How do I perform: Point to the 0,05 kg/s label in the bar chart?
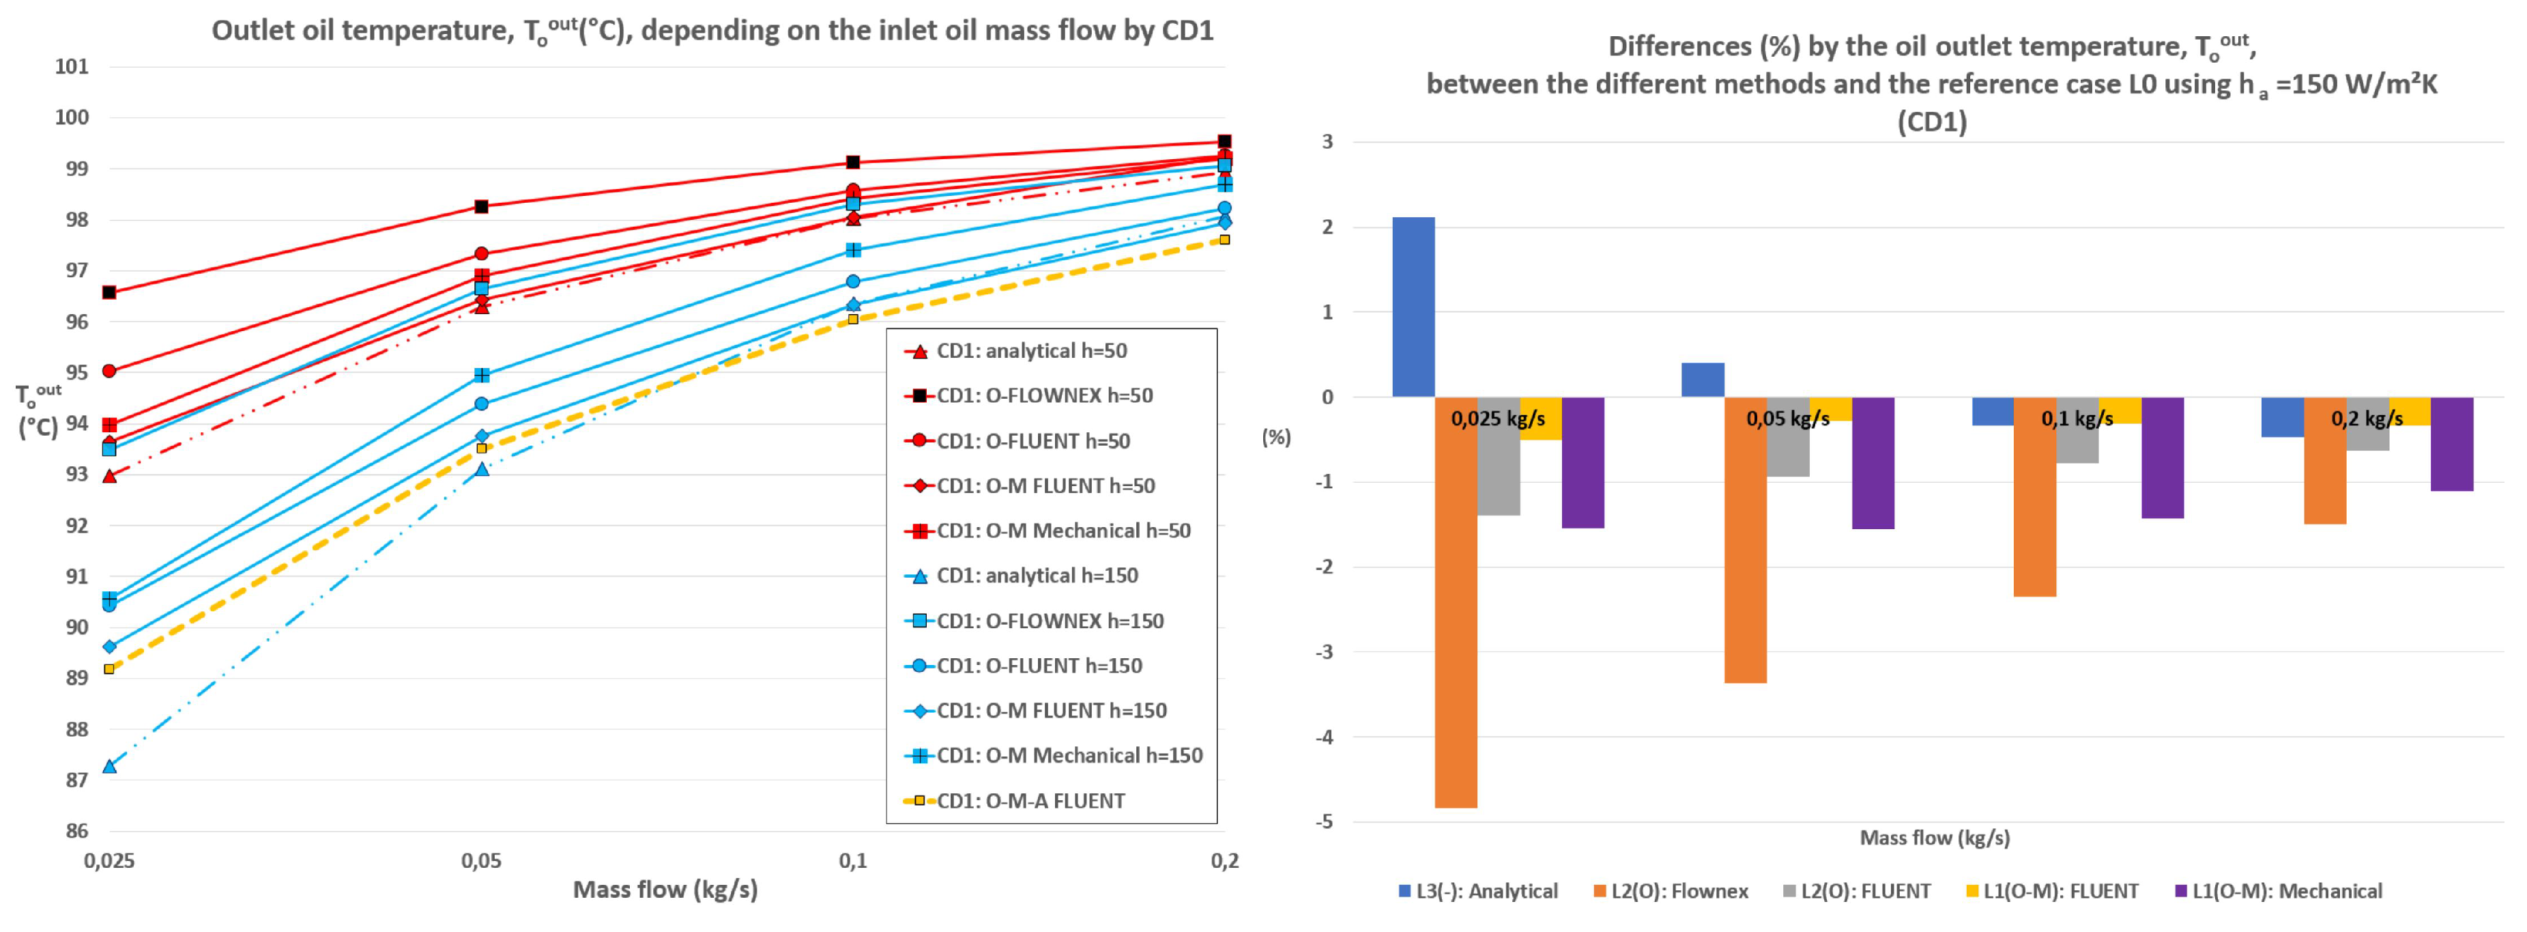coord(1787,419)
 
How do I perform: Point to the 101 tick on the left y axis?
coord(72,67)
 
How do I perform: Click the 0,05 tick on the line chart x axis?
coord(480,862)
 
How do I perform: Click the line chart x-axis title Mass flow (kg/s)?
coord(665,890)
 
